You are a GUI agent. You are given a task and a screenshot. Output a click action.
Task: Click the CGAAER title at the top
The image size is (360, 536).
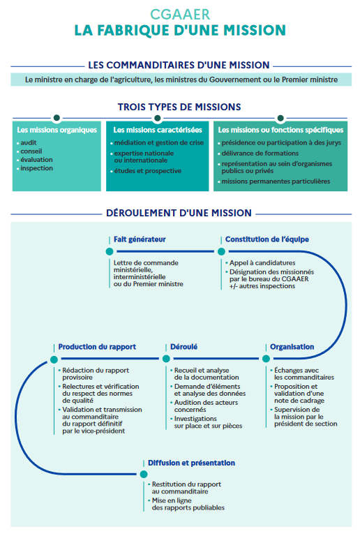[180, 15]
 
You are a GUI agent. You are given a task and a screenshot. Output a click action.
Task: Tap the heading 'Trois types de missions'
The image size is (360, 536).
[179, 107]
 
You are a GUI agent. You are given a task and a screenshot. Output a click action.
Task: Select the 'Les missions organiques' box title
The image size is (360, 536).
[57, 130]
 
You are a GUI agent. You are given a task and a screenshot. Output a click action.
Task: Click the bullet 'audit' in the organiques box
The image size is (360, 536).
[29, 142]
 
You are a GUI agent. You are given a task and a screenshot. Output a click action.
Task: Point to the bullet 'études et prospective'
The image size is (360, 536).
[147, 171]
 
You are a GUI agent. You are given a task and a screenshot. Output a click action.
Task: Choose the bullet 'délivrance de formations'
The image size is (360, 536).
[260, 154]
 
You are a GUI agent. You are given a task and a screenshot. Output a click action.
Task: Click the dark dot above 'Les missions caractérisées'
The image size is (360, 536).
[158, 118]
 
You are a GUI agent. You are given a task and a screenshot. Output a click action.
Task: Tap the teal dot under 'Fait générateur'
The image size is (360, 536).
[110, 251]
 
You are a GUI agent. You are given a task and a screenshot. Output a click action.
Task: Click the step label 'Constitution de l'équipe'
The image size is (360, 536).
[267, 239]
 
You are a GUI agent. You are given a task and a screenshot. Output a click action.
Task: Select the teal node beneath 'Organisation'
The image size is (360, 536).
[266, 359]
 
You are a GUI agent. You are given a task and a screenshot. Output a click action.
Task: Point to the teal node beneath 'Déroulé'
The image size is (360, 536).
[166, 359]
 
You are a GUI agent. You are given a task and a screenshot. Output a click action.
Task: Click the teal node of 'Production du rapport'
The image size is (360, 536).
[54, 359]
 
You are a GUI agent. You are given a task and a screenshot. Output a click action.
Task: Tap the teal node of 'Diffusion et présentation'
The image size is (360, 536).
[144, 474]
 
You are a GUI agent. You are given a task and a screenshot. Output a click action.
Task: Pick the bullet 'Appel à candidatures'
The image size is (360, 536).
[262, 263]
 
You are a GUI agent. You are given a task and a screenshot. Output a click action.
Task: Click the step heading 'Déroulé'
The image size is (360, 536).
[183, 347]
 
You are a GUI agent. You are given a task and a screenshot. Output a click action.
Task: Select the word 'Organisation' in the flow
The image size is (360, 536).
[292, 347]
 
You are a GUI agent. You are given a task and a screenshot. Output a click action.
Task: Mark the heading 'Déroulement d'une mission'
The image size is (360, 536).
[179, 213]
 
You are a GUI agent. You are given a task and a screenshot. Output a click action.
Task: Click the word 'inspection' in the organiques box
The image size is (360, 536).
[36, 168]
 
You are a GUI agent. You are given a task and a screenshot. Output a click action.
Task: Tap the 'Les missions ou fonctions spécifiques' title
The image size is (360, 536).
[280, 130]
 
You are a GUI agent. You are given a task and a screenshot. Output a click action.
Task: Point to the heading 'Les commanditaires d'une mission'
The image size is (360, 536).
[179, 65]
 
